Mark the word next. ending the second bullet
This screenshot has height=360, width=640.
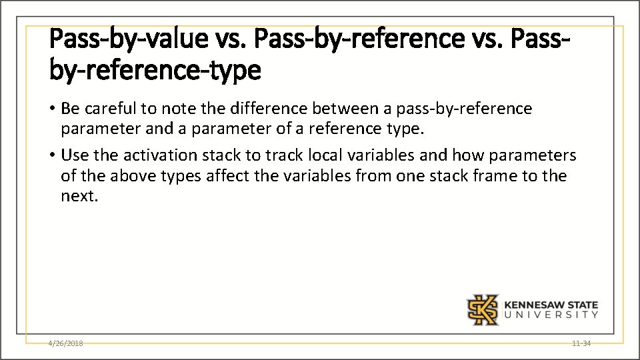click(x=79, y=197)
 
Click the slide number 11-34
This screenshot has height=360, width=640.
click(x=581, y=343)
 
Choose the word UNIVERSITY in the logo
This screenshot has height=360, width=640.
click(x=551, y=315)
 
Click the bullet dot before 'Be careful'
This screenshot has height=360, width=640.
click(x=53, y=109)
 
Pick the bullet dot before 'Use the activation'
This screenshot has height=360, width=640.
click(x=53, y=156)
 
